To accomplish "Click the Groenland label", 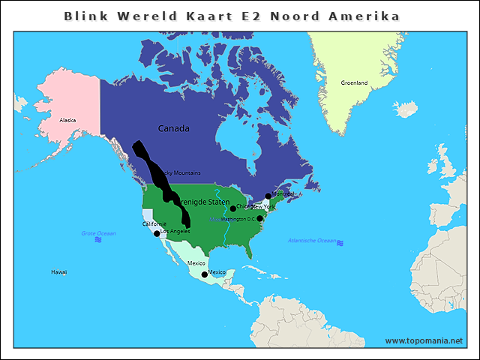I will (x=354, y=83).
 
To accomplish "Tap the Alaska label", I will (x=67, y=120).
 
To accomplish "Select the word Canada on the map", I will (x=173, y=128).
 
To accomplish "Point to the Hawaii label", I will (x=58, y=271).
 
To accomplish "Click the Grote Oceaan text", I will (x=98, y=234).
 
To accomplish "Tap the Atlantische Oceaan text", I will (x=312, y=241).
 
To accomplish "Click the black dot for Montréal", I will (x=268, y=196).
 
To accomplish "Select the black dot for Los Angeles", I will (x=157, y=234).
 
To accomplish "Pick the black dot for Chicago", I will (x=232, y=208).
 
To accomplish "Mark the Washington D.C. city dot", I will (x=259, y=218).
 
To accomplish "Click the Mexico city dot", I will (x=204, y=274).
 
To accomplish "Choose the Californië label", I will (x=154, y=224).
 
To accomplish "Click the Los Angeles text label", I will (x=175, y=231).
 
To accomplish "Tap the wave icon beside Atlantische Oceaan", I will (x=340, y=243).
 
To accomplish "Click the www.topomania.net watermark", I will (x=424, y=340).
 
